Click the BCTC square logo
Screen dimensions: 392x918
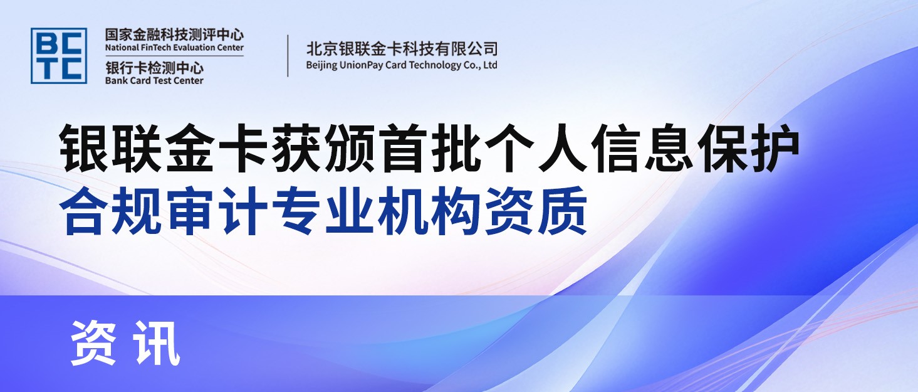(x=59, y=55)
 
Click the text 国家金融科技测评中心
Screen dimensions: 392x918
(x=174, y=34)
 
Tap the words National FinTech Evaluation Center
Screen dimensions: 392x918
(x=174, y=48)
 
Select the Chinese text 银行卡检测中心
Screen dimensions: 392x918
(x=154, y=68)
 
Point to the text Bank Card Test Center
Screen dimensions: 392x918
(x=154, y=80)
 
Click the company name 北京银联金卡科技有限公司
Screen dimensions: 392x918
(x=402, y=48)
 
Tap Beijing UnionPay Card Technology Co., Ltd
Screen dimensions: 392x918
(x=402, y=65)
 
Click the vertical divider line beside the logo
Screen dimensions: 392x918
(x=288, y=56)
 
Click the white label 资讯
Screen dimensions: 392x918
(x=125, y=342)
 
